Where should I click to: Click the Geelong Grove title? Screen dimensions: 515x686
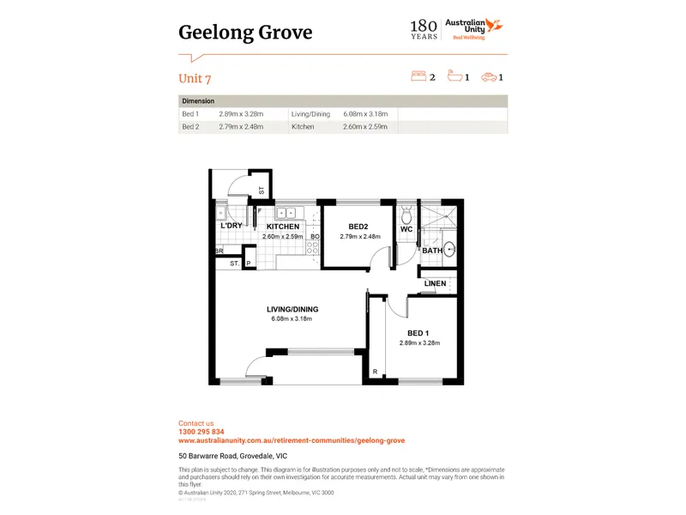click(x=245, y=33)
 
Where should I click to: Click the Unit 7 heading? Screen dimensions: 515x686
click(x=195, y=78)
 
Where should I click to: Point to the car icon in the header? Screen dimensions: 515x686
click(x=489, y=77)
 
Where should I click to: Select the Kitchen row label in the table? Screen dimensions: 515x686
click(x=303, y=127)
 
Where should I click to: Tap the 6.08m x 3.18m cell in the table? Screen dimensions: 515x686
click(x=365, y=114)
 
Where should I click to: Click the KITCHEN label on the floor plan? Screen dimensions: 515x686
click(x=282, y=227)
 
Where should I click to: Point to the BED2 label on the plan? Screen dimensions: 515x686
click(x=358, y=227)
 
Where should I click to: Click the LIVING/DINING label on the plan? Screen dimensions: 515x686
click(x=292, y=309)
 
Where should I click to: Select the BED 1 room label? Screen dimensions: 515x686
click(x=419, y=333)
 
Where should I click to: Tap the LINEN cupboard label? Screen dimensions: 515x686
click(x=436, y=284)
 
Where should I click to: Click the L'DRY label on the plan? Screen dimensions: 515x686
click(x=232, y=226)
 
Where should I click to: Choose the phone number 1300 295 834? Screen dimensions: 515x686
click(x=202, y=432)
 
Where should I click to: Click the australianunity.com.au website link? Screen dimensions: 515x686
click(x=292, y=440)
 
